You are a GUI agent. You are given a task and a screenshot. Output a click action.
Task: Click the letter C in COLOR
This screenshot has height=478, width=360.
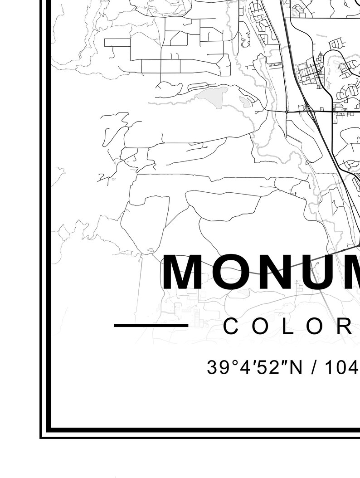[x=231, y=327]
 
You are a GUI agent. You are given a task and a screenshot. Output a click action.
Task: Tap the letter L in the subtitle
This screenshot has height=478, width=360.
[x=287, y=327]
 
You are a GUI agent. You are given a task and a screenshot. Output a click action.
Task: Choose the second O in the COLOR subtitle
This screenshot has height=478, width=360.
[x=314, y=327]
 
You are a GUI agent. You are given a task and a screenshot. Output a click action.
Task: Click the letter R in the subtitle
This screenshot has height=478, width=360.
[x=345, y=327]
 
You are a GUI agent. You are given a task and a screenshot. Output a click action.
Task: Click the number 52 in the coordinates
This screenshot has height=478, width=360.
[x=257, y=367]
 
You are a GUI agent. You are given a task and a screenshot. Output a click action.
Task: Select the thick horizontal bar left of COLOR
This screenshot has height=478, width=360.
[x=151, y=325]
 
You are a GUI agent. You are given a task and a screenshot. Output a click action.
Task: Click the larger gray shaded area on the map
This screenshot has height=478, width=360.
[x=212, y=96]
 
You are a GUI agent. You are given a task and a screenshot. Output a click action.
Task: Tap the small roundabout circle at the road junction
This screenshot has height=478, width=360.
[x=287, y=111]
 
